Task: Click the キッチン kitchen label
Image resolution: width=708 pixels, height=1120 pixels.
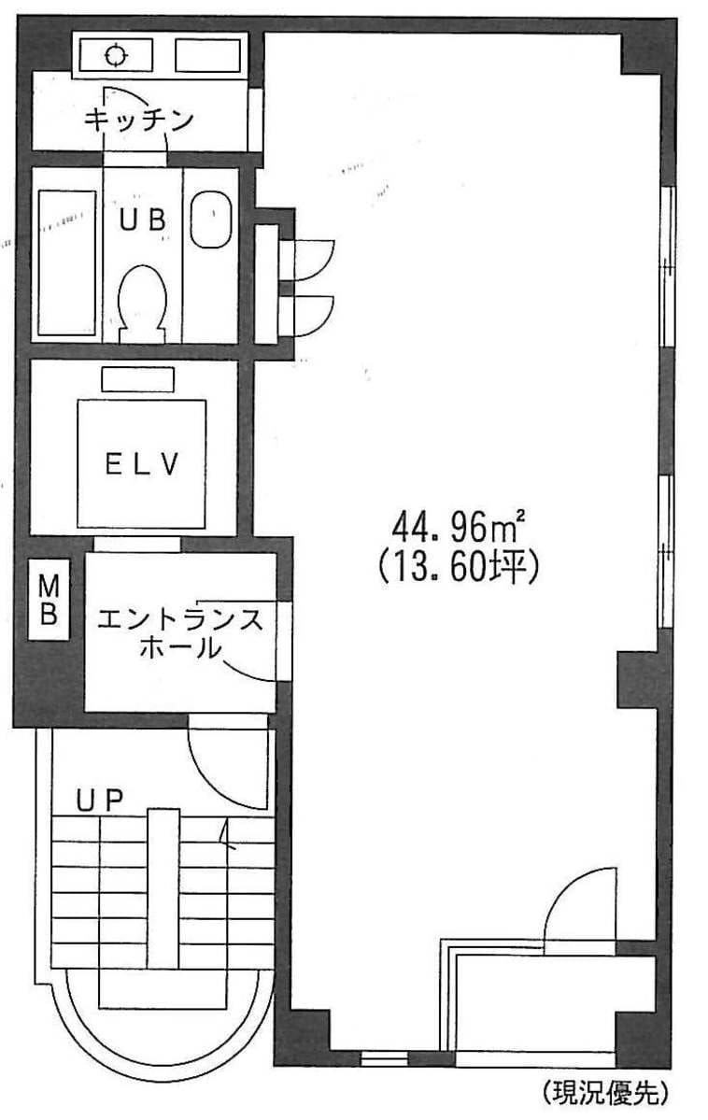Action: pos(139,120)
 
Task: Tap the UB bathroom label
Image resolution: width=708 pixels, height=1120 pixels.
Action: pos(143,220)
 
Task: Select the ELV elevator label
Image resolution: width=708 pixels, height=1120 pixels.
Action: pos(141,465)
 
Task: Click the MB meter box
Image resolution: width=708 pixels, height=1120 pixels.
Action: pos(49,600)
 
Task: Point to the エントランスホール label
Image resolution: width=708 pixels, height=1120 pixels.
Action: pos(180,633)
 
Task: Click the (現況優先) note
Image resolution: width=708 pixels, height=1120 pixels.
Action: pos(606,1091)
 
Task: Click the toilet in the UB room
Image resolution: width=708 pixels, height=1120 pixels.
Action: pos(141,303)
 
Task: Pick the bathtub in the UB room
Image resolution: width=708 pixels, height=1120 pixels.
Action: pos(66,262)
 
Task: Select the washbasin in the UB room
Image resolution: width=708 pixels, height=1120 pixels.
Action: pos(211,220)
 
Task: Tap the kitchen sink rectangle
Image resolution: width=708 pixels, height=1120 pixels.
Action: pos(208,56)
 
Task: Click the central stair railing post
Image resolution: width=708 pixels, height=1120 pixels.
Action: pos(163,887)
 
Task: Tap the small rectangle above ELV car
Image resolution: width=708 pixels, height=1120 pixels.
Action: pos(138,379)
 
